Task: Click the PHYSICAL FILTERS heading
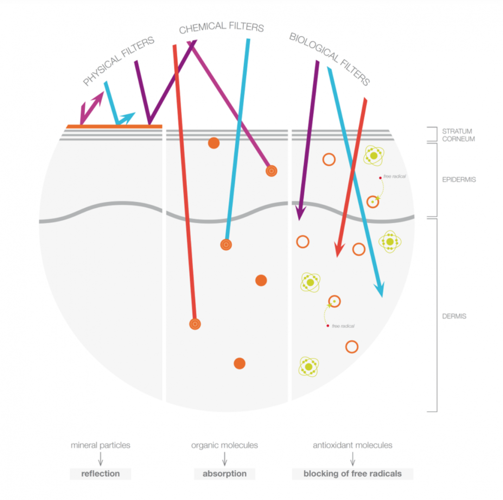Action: click(x=119, y=62)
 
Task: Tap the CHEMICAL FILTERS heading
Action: click(x=222, y=27)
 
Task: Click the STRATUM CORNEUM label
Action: click(x=458, y=135)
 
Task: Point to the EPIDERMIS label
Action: click(x=459, y=180)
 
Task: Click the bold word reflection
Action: click(x=101, y=474)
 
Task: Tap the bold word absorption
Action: click(x=224, y=474)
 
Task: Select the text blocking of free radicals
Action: click(x=352, y=474)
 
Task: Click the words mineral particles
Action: click(x=101, y=445)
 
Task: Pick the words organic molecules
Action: click(x=224, y=445)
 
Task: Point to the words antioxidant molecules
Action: click(x=352, y=445)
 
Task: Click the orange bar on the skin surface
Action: click(x=115, y=126)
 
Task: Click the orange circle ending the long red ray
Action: click(x=195, y=324)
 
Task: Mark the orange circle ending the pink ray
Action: click(x=272, y=171)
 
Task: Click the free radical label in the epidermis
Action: click(x=394, y=176)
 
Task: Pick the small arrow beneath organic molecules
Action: click(x=224, y=460)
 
